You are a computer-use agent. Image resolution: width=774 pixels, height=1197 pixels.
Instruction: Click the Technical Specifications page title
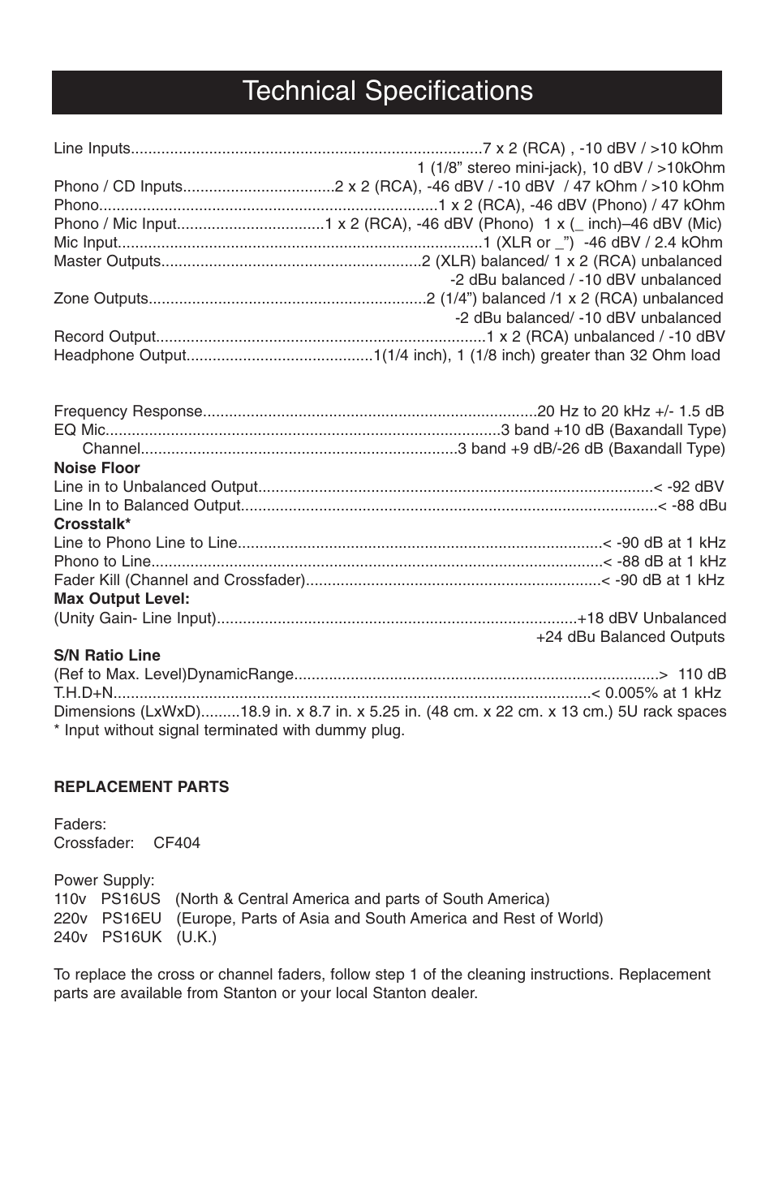pyautogui.click(x=387, y=91)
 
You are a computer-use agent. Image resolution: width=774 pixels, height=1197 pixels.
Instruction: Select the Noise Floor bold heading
pyautogui.click(x=97, y=468)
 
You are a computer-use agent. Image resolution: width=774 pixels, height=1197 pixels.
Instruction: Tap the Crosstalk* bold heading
pyautogui.click(x=92, y=524)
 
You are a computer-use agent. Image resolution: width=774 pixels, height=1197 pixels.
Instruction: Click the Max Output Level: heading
pyautogui.click(x=122, y=599)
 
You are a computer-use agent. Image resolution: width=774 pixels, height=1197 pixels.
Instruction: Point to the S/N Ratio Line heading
pyautogui.click(x=107, y=655)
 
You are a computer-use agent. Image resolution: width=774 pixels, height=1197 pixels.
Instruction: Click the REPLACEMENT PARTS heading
pyautogui.click(x=141, y=786)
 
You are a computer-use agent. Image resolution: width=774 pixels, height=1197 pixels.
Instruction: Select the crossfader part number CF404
pyautogui.click(x=176, y=842)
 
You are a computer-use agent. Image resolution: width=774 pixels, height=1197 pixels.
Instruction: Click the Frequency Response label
pyautogui.click(x=127, y=411)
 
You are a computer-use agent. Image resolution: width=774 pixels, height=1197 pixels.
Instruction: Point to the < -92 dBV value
pyautogui.click(x=689, y=487)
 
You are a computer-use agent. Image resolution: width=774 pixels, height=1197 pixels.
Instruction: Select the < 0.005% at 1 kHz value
pyautogui.click(x=656, y=692)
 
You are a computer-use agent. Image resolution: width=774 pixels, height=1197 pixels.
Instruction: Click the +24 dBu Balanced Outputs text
pyautogui.click(x=630, y=637)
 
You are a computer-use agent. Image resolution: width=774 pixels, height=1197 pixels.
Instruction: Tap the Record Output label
pyautogui.click(x=104, y=337)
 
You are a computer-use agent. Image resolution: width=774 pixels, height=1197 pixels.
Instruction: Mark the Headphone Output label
pyautogui.click(x=120, y=355)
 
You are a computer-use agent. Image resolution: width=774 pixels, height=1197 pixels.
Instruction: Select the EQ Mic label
pyautogui.click(x=80, y=430)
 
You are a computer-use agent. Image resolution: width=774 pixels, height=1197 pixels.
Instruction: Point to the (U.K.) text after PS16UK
pyautogui.click(x=196, y=937)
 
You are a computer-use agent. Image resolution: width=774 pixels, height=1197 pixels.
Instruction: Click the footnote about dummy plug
pyautogui.click(x=229, y=730)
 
